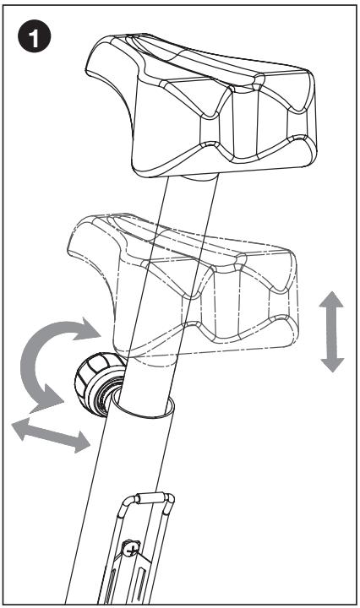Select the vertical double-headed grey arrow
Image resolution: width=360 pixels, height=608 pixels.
332,331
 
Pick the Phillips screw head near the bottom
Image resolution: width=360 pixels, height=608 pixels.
132,549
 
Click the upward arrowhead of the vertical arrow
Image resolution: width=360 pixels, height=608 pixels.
332,301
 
